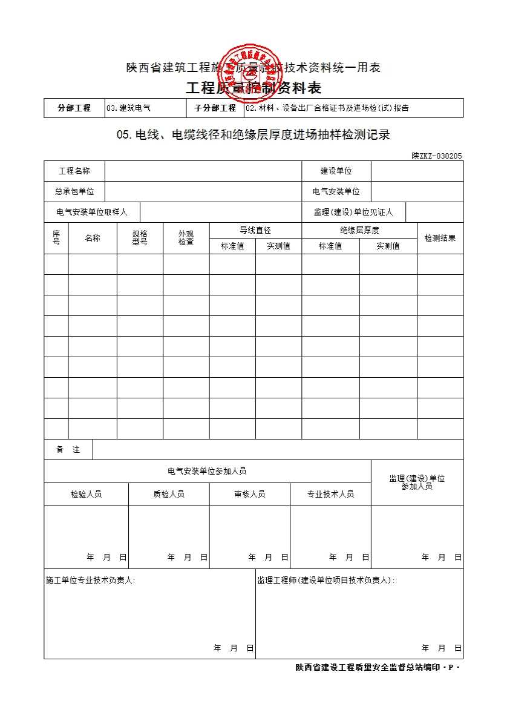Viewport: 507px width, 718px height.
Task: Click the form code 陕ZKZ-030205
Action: click(437, 156)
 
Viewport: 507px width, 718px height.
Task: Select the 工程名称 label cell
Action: click(74, 171)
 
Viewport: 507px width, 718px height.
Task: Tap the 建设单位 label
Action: click(336, 171)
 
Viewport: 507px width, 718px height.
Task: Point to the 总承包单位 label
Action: click(74, 191)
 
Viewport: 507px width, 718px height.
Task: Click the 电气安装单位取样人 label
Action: click(91, 212)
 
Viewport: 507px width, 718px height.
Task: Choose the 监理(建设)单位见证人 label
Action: click(353, 212)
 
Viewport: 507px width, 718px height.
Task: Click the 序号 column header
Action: click(56, 238)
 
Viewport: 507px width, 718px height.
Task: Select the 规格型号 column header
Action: click(140, 238)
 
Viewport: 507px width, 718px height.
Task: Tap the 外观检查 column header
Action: click(186, 238)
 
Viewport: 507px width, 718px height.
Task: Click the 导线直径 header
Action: click(255, 230)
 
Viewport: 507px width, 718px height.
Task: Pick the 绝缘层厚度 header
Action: click(359, 230)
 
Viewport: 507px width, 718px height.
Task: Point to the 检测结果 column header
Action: click(440, 238)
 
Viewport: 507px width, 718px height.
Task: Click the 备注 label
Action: click(68, 449)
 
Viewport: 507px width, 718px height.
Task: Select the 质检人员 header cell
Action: click(169, 494)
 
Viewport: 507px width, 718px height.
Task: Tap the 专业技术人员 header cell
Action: click(330, 494)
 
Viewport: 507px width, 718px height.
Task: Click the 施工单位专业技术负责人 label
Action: click(91, 581)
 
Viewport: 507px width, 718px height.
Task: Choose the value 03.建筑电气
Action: click(128, 108)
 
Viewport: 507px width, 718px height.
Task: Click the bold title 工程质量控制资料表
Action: click(253, 88)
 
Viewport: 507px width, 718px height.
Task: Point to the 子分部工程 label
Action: click(215, 108)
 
